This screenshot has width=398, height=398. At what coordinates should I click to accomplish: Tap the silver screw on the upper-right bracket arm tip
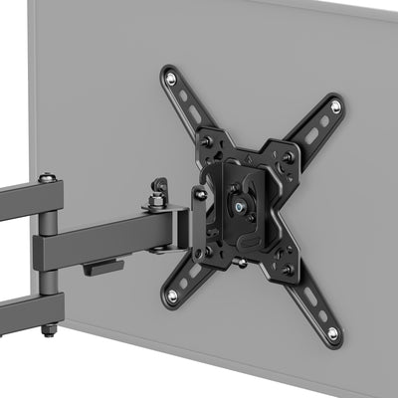tap(336, 105)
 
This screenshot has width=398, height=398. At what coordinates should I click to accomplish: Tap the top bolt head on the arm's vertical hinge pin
tap(47, 179)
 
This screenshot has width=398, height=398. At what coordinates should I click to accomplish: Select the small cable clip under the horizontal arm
tap(103, 267)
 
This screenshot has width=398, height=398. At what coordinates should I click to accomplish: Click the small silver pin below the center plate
tap(240, 264)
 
